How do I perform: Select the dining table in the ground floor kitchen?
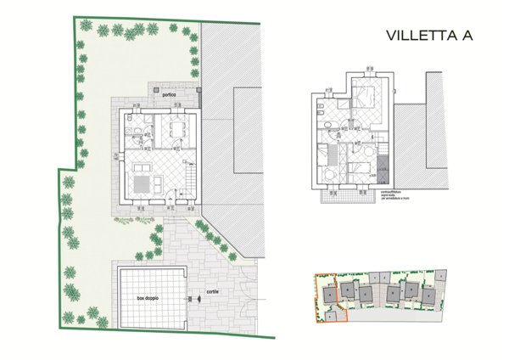click(x=176, y=130)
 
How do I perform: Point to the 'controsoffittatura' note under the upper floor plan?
click(x=395, y=195)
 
